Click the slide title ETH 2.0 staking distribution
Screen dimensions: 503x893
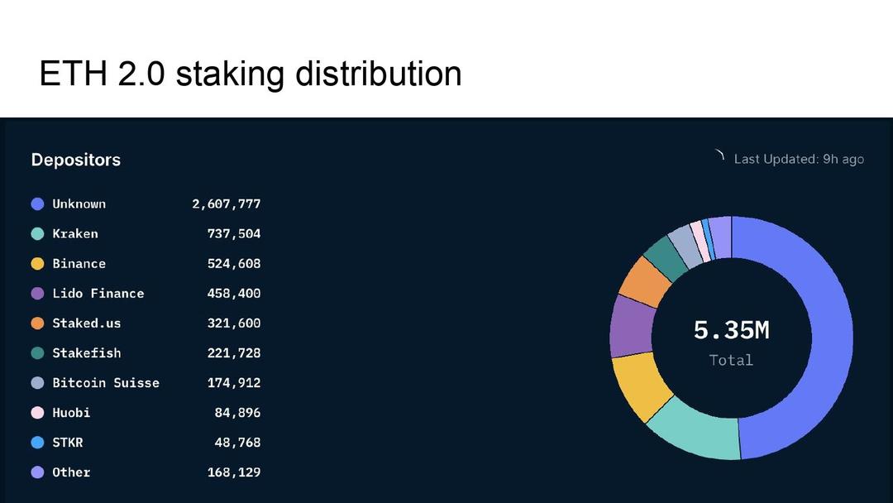(x=250, y=74)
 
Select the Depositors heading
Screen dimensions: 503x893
(x=76, y=160)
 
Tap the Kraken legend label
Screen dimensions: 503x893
(x=75, y=233)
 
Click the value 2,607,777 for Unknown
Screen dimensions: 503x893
(x=226, y=204)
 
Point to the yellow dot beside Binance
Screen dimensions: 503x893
(x=37, y=264)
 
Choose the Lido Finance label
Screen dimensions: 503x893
(x=98, y=293)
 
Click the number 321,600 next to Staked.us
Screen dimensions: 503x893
(x=233, y=323)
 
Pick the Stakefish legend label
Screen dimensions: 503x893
(x=87, y=352)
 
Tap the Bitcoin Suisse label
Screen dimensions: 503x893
(x=106, y=382)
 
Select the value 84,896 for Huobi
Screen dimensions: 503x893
(x=237, y=412)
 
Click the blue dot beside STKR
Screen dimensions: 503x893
(x=37, y=443)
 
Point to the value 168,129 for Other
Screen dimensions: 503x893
(x=233, y=472)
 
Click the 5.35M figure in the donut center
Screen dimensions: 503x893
(x=731, y=330)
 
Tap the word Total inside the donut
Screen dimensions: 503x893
(x=731, y=360)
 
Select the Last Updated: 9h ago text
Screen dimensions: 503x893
(x=799, y=159)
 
